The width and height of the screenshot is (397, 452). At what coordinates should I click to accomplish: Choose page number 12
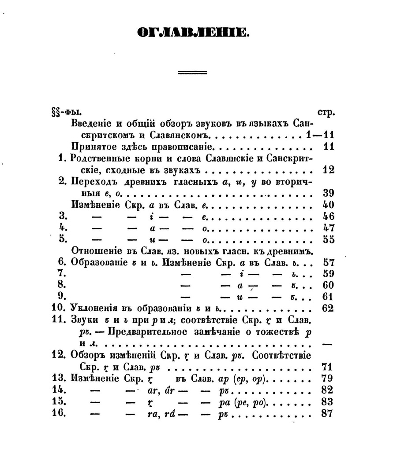point(328,170)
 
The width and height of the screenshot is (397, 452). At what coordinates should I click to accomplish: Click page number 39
point(328,193)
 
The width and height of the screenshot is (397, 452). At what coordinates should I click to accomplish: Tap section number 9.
point(62,296)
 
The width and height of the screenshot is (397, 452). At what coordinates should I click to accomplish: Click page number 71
point(328,367)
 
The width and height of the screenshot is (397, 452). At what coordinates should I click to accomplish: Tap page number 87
point(328,414)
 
